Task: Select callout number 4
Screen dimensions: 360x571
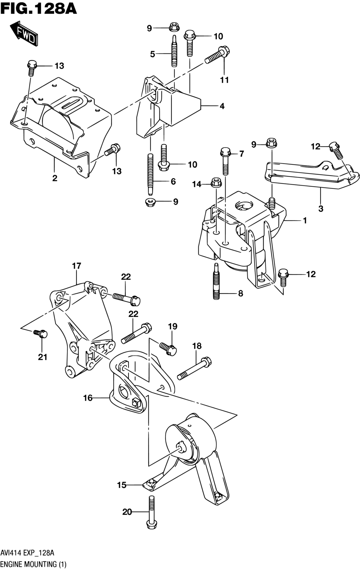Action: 222,106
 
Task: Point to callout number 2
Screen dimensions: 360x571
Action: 55,178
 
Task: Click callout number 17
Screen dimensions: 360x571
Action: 76,266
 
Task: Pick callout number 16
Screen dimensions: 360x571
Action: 88,398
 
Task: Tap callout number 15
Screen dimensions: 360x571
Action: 122,485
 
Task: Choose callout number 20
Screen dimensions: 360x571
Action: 127,512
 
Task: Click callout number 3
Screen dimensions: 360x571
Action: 321,208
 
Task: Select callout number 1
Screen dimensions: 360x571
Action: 305,220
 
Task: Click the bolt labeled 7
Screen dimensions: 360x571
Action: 226,161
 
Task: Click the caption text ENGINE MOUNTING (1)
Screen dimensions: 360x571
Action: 34,564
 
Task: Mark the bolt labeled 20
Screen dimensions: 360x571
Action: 152,512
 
